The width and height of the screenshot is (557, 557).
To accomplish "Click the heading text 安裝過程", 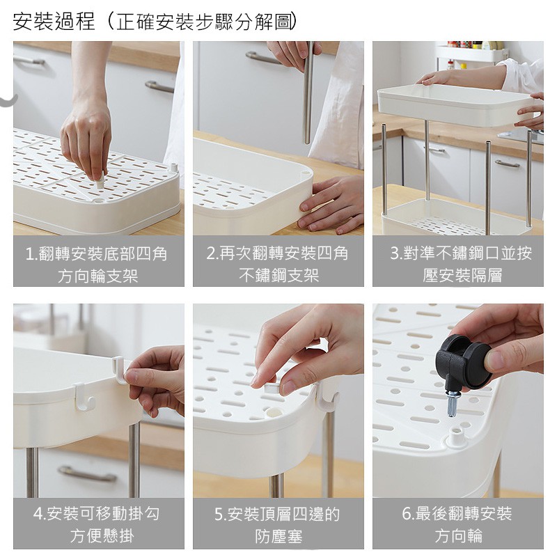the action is coord(54,22).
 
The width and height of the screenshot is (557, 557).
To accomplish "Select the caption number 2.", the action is coord(211,253).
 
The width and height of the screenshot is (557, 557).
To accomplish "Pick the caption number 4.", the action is coord(38,514).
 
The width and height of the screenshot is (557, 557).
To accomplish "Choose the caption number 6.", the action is coord(407,514).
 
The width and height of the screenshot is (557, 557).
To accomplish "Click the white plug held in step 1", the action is coord(100,182).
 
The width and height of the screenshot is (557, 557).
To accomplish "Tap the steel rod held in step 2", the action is coord(308,93).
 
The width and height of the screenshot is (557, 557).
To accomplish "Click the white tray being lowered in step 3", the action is coord(455,105).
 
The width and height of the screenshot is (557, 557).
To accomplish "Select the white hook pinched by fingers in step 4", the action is coord(120,372).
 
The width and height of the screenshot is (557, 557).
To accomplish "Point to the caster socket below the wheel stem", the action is coord(456,437).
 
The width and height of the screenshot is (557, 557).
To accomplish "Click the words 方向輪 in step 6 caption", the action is coord(459,535).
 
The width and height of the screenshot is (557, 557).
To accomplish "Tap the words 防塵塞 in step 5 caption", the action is coord(278,536).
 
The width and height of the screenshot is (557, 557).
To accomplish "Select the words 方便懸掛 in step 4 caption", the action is coord(102,535).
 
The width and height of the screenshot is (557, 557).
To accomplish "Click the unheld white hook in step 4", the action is coord(84,397).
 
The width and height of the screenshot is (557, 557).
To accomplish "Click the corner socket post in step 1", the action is coord(173,167).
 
